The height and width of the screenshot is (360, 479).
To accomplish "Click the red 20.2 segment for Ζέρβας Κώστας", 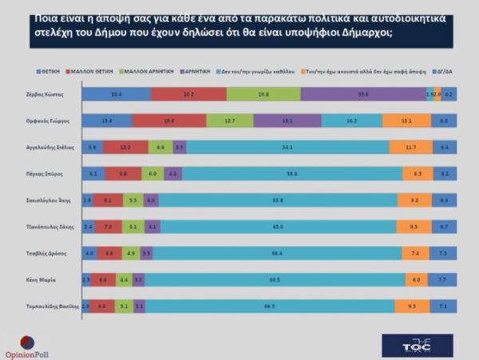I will click(x=188, y=94).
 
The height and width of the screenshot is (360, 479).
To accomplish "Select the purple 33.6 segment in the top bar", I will click(x=363, y=94).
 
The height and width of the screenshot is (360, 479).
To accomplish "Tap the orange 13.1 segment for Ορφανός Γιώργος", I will click(x=406, y=121).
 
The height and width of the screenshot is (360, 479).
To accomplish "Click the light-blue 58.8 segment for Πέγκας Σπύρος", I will click(x=292, y=173).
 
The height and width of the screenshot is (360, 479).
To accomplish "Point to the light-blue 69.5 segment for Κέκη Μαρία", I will click(x=275, y=280).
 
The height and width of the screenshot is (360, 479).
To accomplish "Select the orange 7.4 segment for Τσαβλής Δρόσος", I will click(x=416, y=253).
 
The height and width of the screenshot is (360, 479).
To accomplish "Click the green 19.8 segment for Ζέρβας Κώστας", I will click(x=263, y=94).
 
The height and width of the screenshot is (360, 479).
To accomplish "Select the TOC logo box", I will click(x=417, y=345).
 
